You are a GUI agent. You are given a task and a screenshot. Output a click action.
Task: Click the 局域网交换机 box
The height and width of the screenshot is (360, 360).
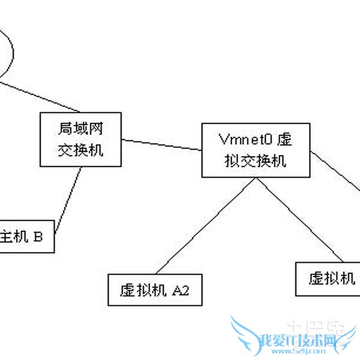80,139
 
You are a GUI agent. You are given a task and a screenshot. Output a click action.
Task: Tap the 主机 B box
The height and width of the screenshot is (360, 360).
26,237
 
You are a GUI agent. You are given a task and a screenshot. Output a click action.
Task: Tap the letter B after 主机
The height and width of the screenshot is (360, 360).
38,237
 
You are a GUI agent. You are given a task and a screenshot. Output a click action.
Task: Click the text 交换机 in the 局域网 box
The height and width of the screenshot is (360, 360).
80,150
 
